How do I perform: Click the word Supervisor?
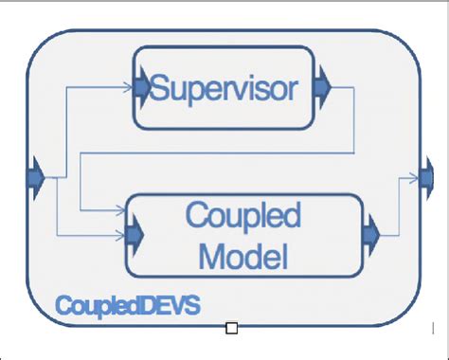[x=224, y=89]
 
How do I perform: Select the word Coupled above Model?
[x=243, y=216]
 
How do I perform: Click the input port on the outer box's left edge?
[x=36, y=177]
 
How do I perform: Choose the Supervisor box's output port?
[x=322, y=87]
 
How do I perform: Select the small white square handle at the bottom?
[x=231, y=329]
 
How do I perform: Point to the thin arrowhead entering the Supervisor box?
[x=129, y=87]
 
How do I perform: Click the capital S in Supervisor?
[x=162, y=89]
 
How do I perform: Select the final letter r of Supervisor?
[x=294, y=92]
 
